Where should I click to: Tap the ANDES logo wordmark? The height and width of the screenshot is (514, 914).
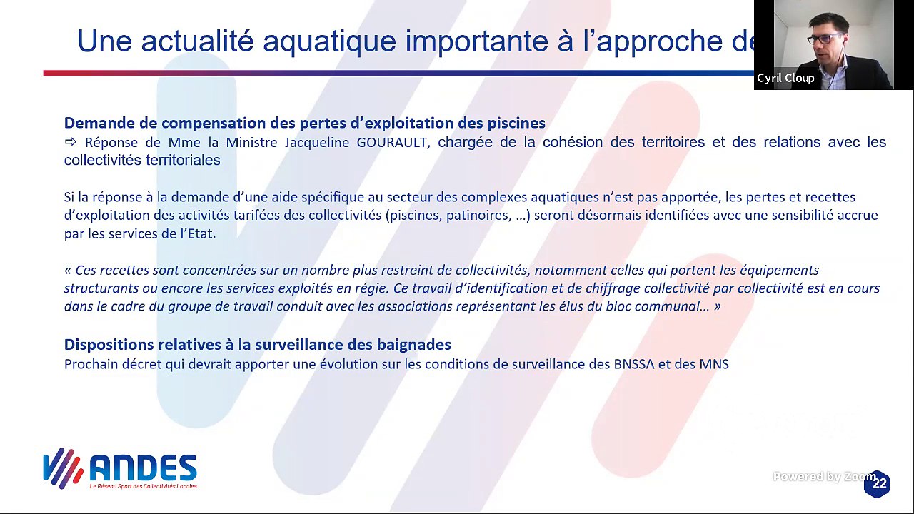[143, 468]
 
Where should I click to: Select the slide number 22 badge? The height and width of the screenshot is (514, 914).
[878, 483]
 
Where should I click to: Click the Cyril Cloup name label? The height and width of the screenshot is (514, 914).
[785, 78]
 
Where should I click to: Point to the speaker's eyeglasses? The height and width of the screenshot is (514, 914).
[825, 38]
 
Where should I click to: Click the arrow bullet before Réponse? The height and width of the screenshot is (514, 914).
[71, 142]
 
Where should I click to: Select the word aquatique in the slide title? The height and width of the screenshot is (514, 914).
[329, 41]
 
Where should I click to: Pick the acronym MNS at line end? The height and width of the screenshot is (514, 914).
[715, 364]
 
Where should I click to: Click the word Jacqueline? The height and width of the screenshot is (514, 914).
[317, 142]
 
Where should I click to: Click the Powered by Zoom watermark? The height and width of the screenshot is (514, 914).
[823, 476]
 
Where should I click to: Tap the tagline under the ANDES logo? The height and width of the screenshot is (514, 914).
[143, 486]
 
